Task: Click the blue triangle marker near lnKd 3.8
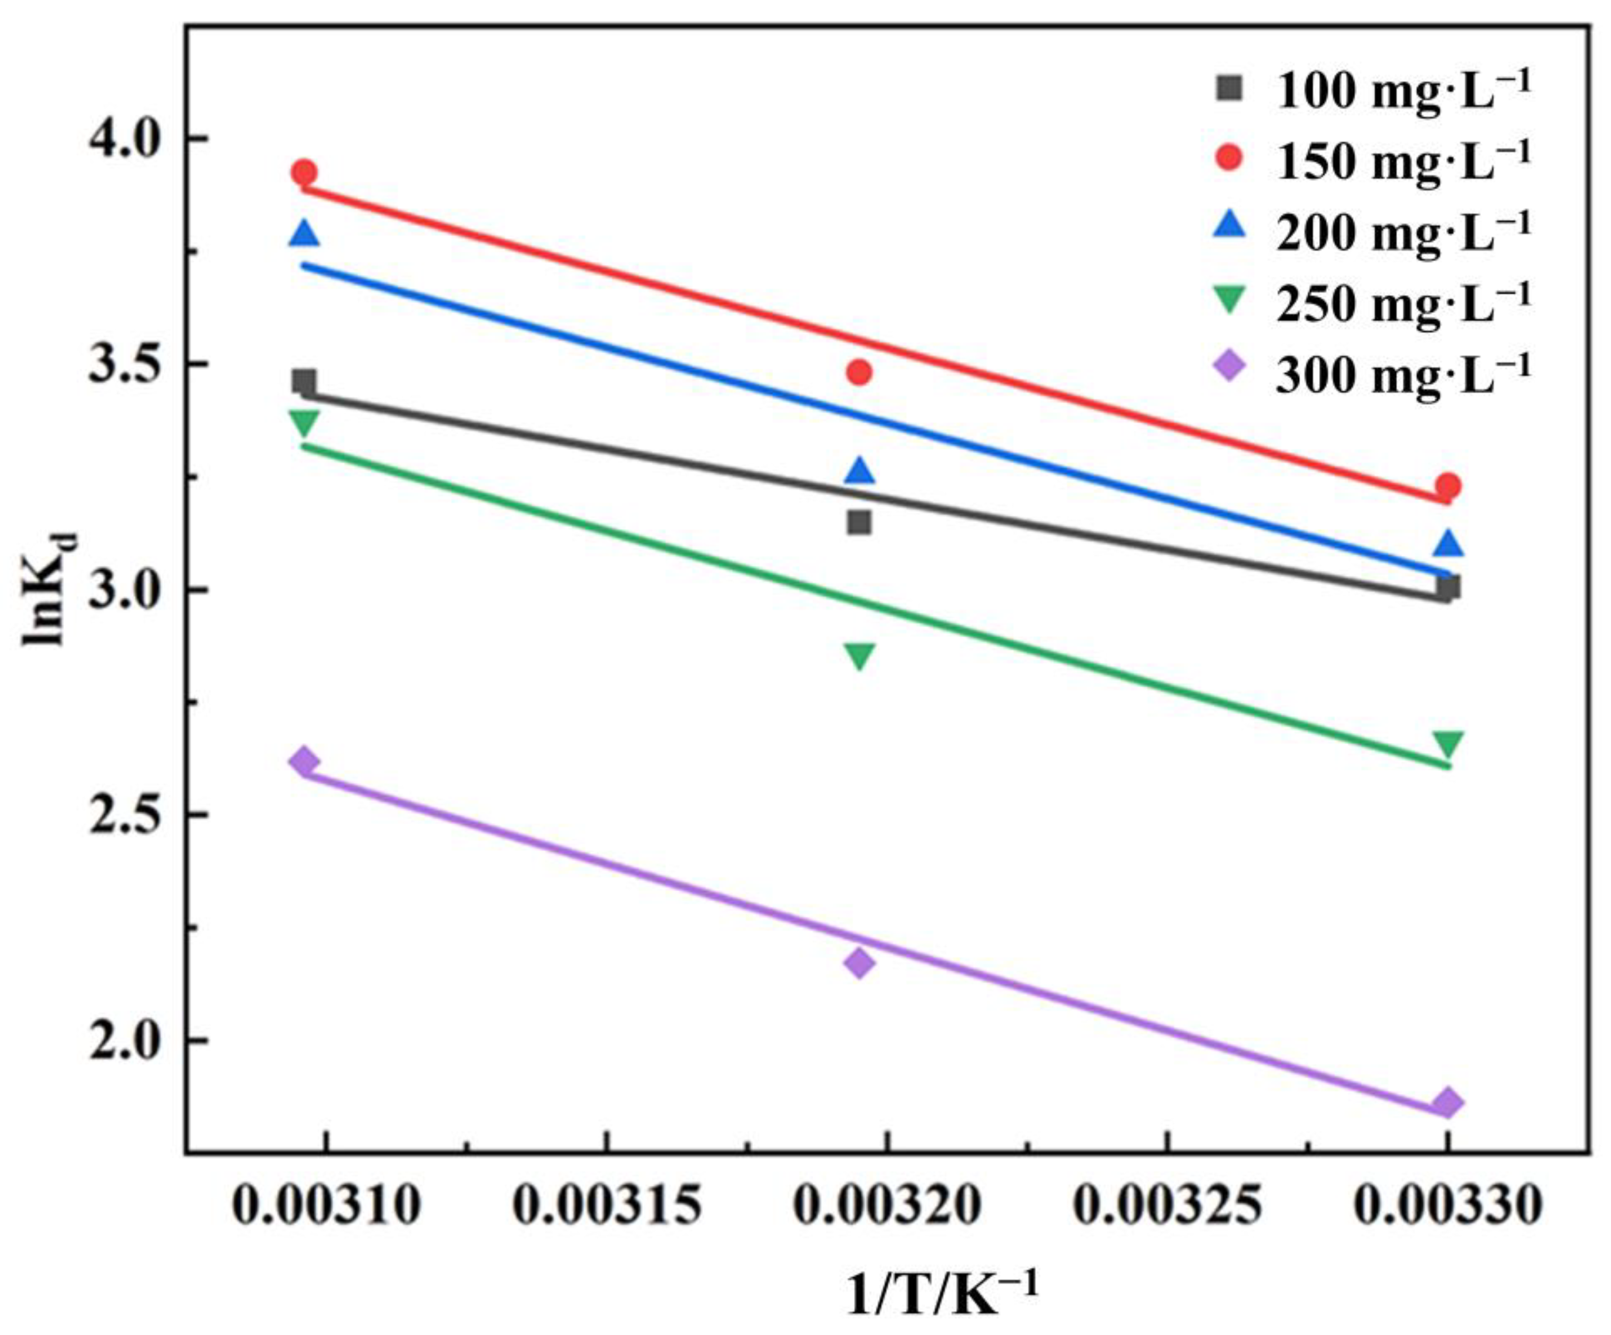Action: [305, 234]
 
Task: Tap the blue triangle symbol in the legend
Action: [1231, 226]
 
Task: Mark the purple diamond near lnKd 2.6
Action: [305, 761]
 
